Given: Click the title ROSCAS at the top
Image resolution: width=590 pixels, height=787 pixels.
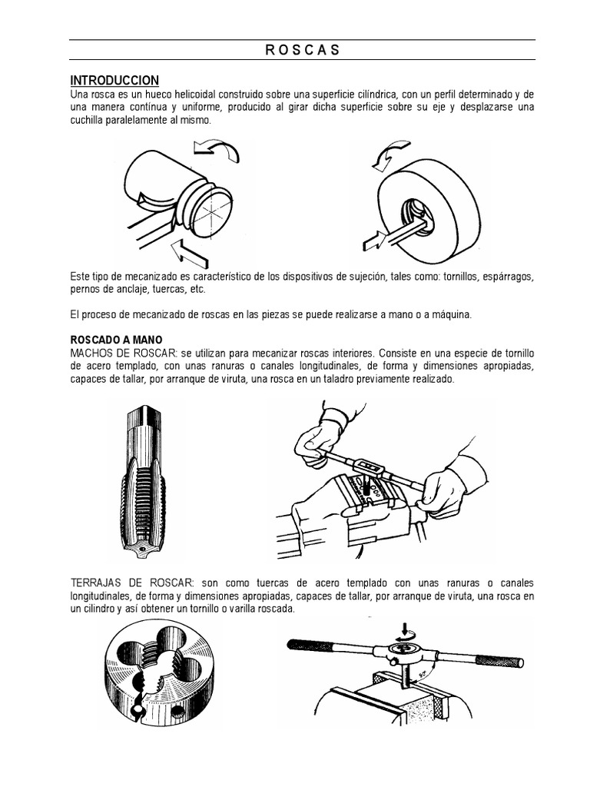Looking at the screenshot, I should pyautogui.click(x=302, y=51).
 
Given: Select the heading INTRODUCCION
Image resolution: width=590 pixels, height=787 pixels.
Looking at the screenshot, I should pyautogui.click(x=114, y=80).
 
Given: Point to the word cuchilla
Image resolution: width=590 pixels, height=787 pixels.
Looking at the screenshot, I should pyautogui.click(x=88, y=121).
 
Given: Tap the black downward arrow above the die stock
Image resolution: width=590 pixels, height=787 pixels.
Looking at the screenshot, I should pyautogui.click(x=406, y=630).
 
